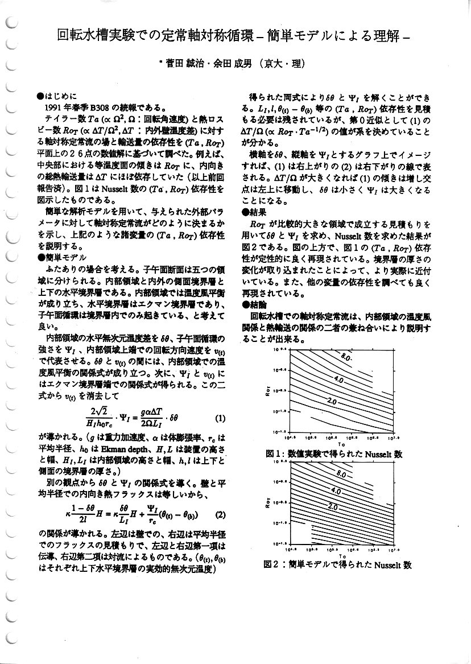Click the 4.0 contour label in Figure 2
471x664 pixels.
336,490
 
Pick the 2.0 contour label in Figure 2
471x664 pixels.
333,508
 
